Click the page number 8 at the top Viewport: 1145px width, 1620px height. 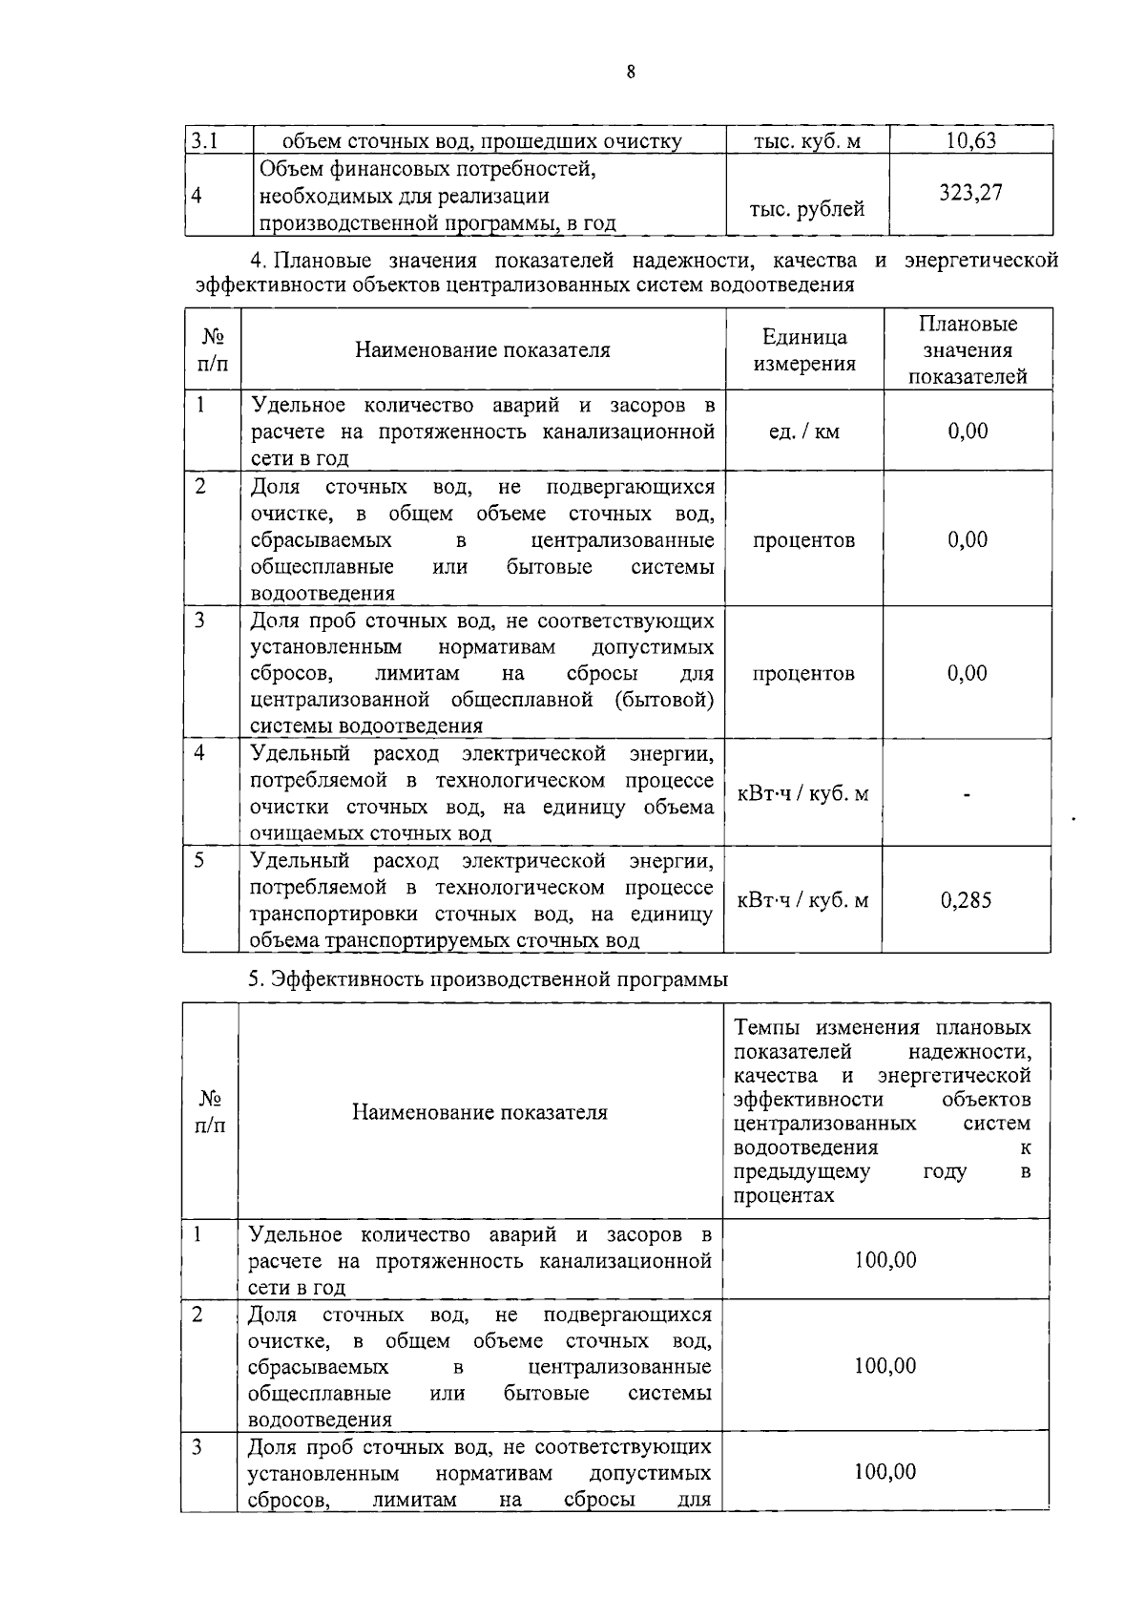(x=631, y=73)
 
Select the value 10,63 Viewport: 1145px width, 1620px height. (x=970, y=141)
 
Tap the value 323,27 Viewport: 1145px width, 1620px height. (x=970, y=193)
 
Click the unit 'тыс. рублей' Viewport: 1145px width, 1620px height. (x=806, y=210)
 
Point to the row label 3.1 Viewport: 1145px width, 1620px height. (x=202, y=141)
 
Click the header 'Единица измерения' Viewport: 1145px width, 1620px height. (x=804, y=350)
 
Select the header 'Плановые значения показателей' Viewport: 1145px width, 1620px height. (x=968, y=350)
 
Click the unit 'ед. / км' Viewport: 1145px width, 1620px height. (x=803, y=431)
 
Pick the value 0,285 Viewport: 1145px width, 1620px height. (x=966, y=900)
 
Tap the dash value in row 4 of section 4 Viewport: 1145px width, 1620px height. (x=967, y=794)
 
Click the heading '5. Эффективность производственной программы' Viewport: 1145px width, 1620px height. (x=488, y=979)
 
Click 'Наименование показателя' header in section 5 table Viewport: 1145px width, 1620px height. (x=480, y=1112)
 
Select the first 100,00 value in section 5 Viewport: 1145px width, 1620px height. (x=885, y=1260)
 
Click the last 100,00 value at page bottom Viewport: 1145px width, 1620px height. (x=885, y=1472)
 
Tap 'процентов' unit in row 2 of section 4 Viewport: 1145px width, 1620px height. (x=803, y=540)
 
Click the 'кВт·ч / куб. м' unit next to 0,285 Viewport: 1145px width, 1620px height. (x=803, y=900)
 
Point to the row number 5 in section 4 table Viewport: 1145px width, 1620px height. (x=199, y=860)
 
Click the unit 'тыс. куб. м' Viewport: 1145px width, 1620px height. (x=806, y=142)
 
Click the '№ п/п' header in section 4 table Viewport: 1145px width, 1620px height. (x=213, y=350)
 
